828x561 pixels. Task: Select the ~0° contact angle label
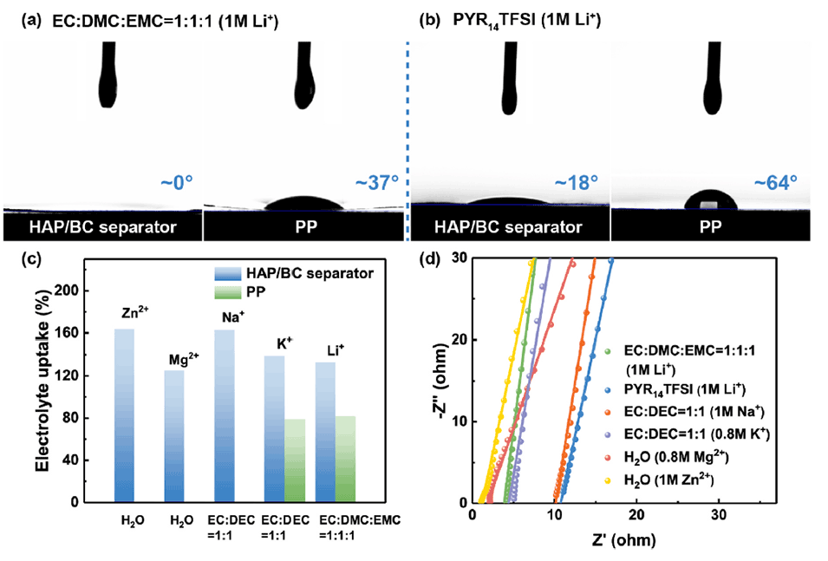[174, 184]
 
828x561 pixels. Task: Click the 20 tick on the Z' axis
[637, 515]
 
